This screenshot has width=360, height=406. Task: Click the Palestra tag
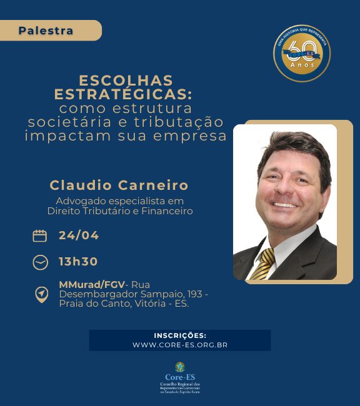tap(46, 31)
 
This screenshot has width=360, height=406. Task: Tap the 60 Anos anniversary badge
tap(302, 54)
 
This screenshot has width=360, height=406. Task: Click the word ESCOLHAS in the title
tap(126, 81)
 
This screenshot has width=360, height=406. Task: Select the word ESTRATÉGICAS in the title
tap(122, 94)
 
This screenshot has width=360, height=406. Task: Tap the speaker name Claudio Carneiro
tap(119, 186)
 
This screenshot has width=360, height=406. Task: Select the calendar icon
tap(40, 236)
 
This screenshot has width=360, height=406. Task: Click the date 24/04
tap(79, 235)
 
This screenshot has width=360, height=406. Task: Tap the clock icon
tap(40, 262)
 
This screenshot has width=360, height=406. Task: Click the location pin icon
tap(41, 294)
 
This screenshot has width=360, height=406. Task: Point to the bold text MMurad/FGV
tap(91, 285)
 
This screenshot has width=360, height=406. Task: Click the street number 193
tap(196, 294)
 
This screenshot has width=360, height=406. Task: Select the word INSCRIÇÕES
tap(180, 335)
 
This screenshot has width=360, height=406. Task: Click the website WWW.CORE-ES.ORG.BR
tap(180, 345)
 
